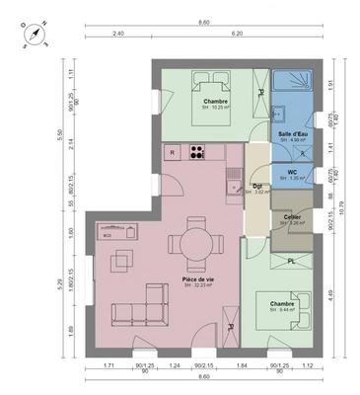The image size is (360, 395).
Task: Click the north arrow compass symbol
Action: [35, 35]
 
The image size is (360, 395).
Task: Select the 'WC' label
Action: [292, 171]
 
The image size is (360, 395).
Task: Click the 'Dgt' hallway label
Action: [256, 185]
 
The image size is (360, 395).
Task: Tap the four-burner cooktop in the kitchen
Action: [197, 152]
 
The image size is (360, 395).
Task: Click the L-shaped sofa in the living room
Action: [138, 307]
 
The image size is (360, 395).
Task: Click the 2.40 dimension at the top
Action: [117, 33]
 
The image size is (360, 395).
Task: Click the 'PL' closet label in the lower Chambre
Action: [292, 261]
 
